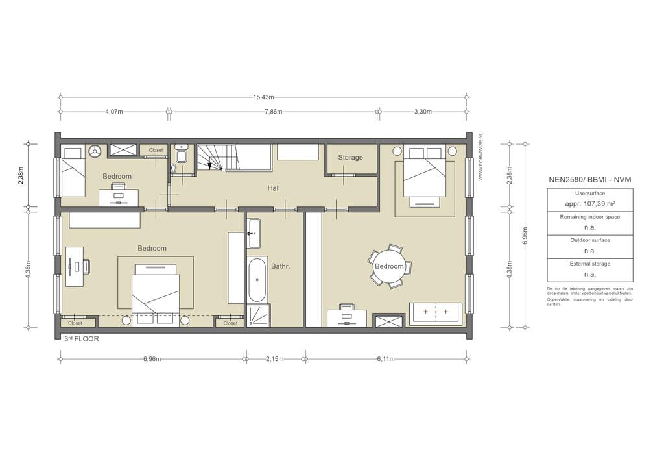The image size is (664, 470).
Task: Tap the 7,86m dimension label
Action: (274, 112)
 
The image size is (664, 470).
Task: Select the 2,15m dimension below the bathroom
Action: (274, 358)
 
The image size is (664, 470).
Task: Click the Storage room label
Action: (350, 158)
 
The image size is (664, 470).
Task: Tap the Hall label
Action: (274, 188)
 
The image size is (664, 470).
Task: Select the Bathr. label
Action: (280, 266)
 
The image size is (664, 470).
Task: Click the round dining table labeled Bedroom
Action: (389, 266)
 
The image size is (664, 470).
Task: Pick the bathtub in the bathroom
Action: (257, 280)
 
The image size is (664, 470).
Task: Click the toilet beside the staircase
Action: (181, 155)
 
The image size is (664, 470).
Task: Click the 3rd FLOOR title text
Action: (81, 339)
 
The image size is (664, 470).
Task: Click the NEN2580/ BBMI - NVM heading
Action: (589, 179)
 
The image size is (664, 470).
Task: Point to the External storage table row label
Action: (589, 264)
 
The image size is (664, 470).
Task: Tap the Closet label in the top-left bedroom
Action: (156, 150)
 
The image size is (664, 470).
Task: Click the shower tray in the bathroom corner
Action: (258, 315)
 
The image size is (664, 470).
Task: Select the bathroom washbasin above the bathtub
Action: (254, 233)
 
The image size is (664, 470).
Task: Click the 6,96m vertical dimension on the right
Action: (525, 237)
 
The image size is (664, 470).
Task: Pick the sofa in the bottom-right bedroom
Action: (435, 313)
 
